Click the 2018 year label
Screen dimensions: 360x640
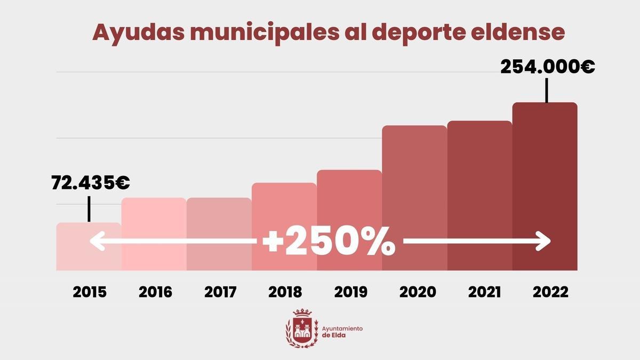285,292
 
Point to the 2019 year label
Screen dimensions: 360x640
350,292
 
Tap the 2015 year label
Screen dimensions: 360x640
90,292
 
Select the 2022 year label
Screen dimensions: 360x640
547,292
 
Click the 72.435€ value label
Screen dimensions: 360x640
91,183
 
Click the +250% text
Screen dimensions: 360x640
329,243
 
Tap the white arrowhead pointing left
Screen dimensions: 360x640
96,242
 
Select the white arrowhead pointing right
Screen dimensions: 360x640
544,242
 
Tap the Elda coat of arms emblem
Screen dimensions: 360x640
302,329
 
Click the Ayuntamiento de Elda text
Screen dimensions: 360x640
342,332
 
